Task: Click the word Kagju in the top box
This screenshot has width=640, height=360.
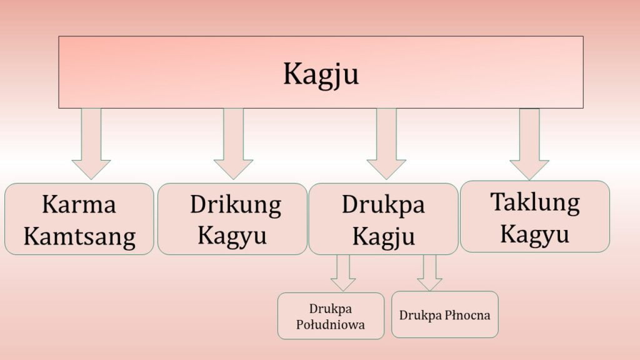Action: (321, 74)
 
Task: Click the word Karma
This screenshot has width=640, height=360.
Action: (79, 204)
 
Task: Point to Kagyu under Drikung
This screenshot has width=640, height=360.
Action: (232, 236)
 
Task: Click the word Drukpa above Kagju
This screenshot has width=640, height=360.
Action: (383, 204)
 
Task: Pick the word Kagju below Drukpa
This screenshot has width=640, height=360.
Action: (383, 236)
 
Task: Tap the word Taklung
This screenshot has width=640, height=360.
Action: (534, 202)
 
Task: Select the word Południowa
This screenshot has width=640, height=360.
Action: (331, 324)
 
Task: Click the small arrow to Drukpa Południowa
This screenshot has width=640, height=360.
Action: (342, 273)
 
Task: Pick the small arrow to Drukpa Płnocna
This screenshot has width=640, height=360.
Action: (429, 273)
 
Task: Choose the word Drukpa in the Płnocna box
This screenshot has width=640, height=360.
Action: (419, 315)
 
